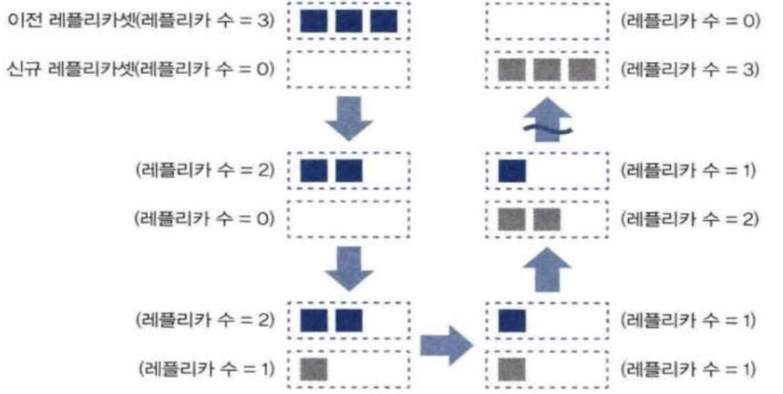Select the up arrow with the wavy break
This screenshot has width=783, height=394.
(547, 120)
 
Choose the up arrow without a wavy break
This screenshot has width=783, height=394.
(547, 268)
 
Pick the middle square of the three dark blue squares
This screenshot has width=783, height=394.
(348, 21)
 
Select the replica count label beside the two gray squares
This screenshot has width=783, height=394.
(689, 220)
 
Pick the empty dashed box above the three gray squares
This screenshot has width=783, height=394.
(547, 21)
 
